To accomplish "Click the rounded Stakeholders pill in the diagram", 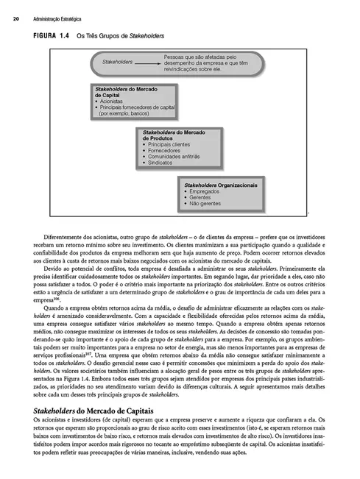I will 119,62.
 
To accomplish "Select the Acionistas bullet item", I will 111,101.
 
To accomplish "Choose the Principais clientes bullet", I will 169,144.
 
